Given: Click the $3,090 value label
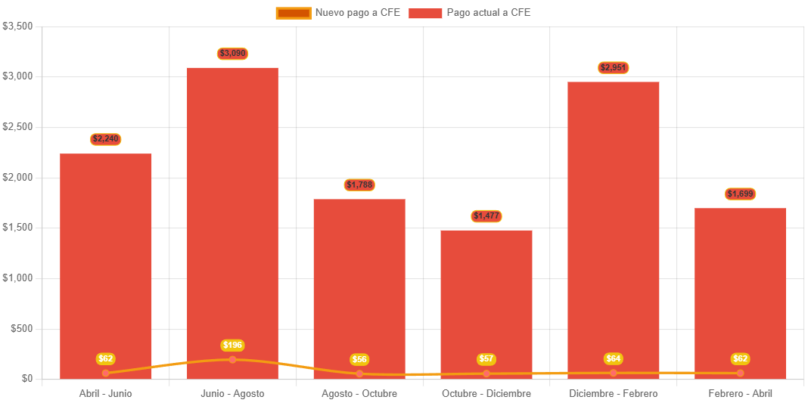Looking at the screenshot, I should (x=232, y=54).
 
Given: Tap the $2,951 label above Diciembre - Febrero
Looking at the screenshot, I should (x=613, y=67).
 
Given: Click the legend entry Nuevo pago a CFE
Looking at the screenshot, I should (x=337, y=13).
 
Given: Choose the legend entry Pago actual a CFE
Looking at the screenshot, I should (x=470, y=13).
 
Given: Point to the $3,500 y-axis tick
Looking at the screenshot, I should (x=18, y=26).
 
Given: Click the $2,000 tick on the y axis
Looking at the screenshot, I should (x=18, y=177).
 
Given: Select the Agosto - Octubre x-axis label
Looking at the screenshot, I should (x=359, y=394).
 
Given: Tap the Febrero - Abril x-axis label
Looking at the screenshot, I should (x=740, y=394).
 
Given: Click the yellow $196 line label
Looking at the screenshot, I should (x=232, y=345).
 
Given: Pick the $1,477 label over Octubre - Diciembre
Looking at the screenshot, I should (x=486, y=216).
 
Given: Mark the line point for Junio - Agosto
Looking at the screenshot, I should (x=232, y=359).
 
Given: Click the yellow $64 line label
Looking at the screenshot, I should (x=613, y=358).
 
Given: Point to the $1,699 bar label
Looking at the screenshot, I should (x=740, y=194).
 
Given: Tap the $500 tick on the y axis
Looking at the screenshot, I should (x=21, y=328).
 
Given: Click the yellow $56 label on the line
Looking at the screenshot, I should (x=359, y=359).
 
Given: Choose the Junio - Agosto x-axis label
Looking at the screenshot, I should (x=232, y=394).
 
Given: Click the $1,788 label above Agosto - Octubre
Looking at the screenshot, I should (x=359, y=184).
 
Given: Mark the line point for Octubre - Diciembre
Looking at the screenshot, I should (x=486, y=374).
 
